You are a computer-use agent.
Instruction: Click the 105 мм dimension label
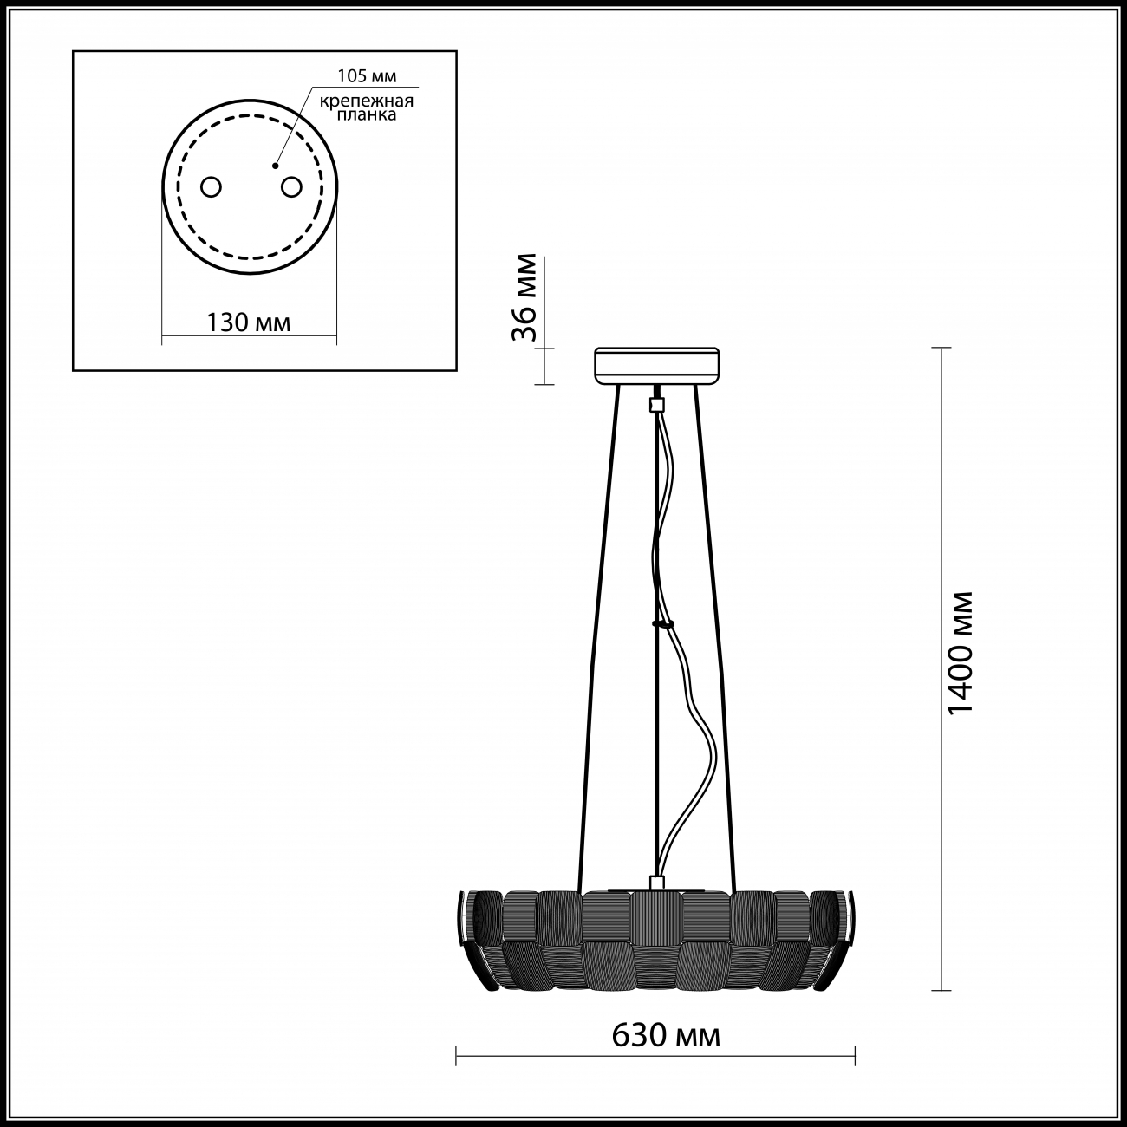pyautogui.click(x=367, y=76)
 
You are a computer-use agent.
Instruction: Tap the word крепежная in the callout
pyautogui.click(x=366, y=101)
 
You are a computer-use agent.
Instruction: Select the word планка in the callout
pyautogui.click(x=367, y=114)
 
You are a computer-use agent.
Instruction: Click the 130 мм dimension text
pyautogui.click(x=249, y=322)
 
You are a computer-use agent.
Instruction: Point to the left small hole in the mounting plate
pyautogui.click(x=211, y=187)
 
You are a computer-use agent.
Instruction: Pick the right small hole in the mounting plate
pyautogui.click(x=291, y=187)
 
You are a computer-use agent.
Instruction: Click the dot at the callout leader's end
pyautogui.click(x=275, y=166)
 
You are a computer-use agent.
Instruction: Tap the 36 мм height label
pyautogui.click(x=524, y=297)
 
